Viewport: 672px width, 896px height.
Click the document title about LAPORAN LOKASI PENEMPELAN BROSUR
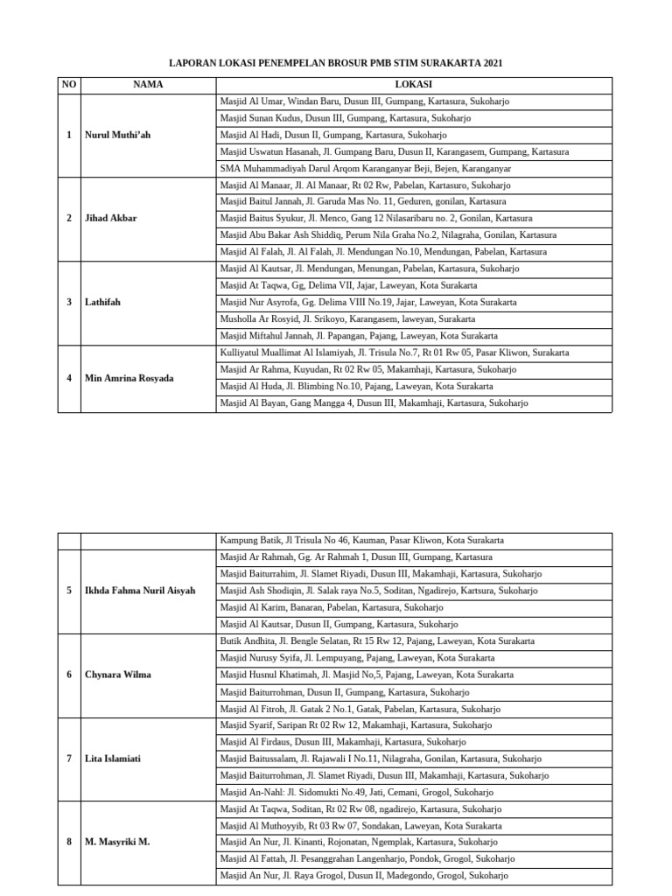coord(335,64)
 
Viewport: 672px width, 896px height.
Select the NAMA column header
coord(148,85)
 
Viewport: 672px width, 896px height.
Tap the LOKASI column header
coord(413,85)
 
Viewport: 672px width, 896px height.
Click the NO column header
coord(69,85)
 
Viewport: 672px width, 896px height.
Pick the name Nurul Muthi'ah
coord(118,136)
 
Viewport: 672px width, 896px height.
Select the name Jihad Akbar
coord(110,219)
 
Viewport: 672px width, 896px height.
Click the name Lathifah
coord(103,303)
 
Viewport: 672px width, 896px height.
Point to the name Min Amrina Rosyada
coord(129,379)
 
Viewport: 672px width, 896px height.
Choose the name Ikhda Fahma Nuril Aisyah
coord(140,591)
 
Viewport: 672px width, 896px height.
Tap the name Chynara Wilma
coord(118,675)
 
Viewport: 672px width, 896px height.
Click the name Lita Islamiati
coord(113,759)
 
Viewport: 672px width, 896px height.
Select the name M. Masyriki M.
coord(117,842)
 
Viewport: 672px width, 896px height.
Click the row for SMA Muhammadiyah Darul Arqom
coord(365,169)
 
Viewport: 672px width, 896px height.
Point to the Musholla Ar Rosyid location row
coord(347,319)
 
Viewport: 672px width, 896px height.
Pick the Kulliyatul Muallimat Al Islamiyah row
coord(394,353)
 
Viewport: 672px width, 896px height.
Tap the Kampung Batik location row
coord(361,541)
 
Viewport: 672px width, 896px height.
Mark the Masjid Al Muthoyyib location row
coord(360,825)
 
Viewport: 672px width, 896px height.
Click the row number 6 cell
coord(69,675)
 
